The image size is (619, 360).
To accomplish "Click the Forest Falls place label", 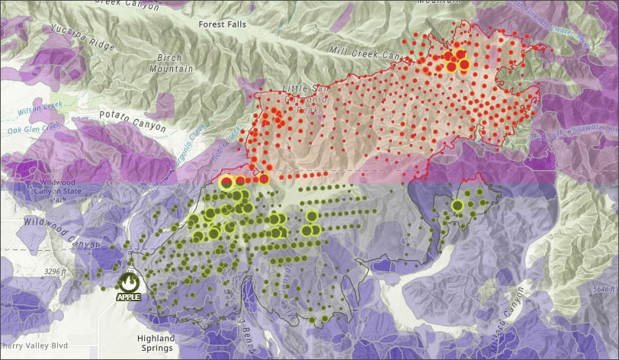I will coord(223,24).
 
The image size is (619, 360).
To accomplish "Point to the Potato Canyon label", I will coord(132,121).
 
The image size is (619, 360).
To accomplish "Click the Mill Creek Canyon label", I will coord(364,53).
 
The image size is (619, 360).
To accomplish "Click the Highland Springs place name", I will coord(156,342).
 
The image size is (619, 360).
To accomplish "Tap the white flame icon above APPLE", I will coord(128,281).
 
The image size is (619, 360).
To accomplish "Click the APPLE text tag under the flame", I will coord(128,297).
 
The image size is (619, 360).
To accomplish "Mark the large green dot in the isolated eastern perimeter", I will coord(457,205).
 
